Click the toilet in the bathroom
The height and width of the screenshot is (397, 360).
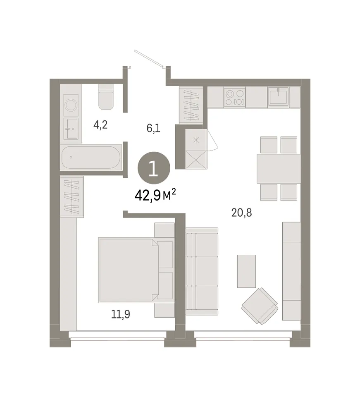106,96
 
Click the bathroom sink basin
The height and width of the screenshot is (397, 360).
71,129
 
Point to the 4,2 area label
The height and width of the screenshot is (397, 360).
100,124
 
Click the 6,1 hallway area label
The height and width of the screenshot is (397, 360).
153,128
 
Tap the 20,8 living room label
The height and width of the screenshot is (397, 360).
242,213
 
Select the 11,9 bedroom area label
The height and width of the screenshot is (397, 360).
121,314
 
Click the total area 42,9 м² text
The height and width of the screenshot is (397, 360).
155,195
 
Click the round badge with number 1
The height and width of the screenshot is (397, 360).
154,168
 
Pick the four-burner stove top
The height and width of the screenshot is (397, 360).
234,98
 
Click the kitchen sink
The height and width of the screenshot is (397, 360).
278,96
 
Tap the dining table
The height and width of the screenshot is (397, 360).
279,168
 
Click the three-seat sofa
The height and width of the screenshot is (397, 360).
202,271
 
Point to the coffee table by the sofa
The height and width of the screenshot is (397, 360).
246,271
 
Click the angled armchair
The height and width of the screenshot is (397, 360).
260,306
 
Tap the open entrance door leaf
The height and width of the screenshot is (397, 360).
149,59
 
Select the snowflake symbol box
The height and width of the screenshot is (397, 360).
196,140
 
